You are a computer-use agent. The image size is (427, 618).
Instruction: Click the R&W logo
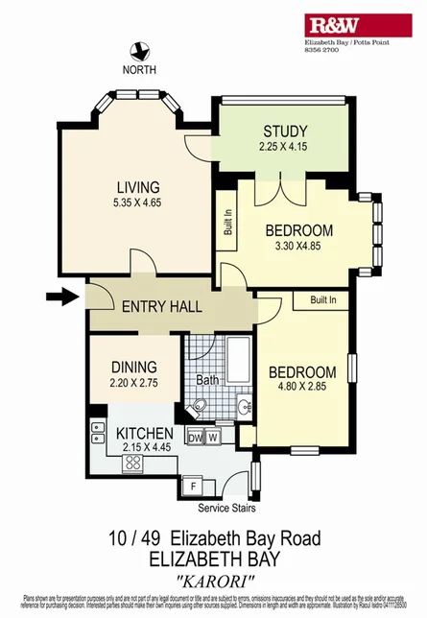click(357, 26)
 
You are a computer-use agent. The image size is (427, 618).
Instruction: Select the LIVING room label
click(137, 186)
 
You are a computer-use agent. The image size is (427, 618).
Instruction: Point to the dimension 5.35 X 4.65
click(137, 202)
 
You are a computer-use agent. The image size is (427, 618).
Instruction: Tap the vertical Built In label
click(227, 225)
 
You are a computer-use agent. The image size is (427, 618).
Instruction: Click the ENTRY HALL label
click(161, 307)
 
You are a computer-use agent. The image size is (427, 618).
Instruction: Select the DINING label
click(134, 367)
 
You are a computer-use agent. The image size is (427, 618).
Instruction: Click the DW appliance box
click(196, 438)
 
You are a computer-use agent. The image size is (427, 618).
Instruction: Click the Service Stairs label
click(229, 508)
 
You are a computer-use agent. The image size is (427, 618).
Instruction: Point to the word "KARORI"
click(214, 579)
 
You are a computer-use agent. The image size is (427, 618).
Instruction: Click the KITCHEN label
click(145, 434)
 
